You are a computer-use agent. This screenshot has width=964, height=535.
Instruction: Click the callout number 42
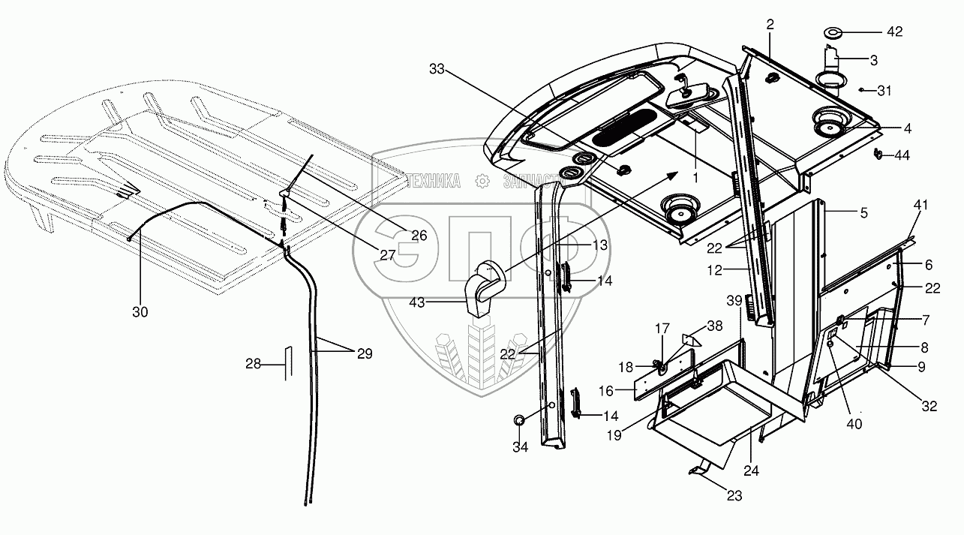(894, 32)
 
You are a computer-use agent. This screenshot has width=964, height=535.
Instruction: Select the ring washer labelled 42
(833, 33)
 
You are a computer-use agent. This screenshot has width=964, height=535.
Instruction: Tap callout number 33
(437, 69)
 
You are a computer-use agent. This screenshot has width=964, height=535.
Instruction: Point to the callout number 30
(141, 313)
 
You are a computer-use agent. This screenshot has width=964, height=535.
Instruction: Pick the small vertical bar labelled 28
(285, 364)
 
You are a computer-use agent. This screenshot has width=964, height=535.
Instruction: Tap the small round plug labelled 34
(520, 422)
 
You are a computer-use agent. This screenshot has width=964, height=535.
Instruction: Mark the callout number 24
(751, 471)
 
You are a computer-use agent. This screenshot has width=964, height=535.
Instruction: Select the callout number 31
(885, 91)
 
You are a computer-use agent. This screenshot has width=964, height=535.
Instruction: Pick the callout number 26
(418, 235)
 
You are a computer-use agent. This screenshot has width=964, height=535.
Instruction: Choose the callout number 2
(770, 25)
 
